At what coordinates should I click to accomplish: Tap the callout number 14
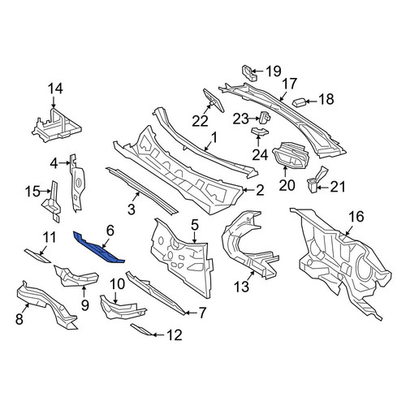click(x=55, y=89)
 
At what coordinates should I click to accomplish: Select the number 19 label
click(x=274, y=71)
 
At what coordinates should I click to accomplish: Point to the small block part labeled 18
click(x=300, y=102)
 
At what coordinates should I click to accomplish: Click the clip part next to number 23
click(x=266, y=118)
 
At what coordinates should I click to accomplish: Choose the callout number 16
click(x=356, y=217)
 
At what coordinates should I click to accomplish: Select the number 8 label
click(x=19, y=319)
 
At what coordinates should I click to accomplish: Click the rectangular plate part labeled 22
click(x=214, y=100)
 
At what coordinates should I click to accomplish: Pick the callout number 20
click(x=287, y=185)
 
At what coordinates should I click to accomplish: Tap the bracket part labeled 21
click(x=317, y=179)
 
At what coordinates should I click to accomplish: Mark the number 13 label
click(x=241, y=287)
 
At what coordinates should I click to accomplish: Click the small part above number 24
click(x=260, y=132)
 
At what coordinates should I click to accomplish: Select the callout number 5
click(x=195, y=225)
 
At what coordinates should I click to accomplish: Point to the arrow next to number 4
click(x=64, y=163)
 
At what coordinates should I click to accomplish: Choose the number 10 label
click(x=118, y=284)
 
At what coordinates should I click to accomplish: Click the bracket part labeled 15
click(x=51, y=201)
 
